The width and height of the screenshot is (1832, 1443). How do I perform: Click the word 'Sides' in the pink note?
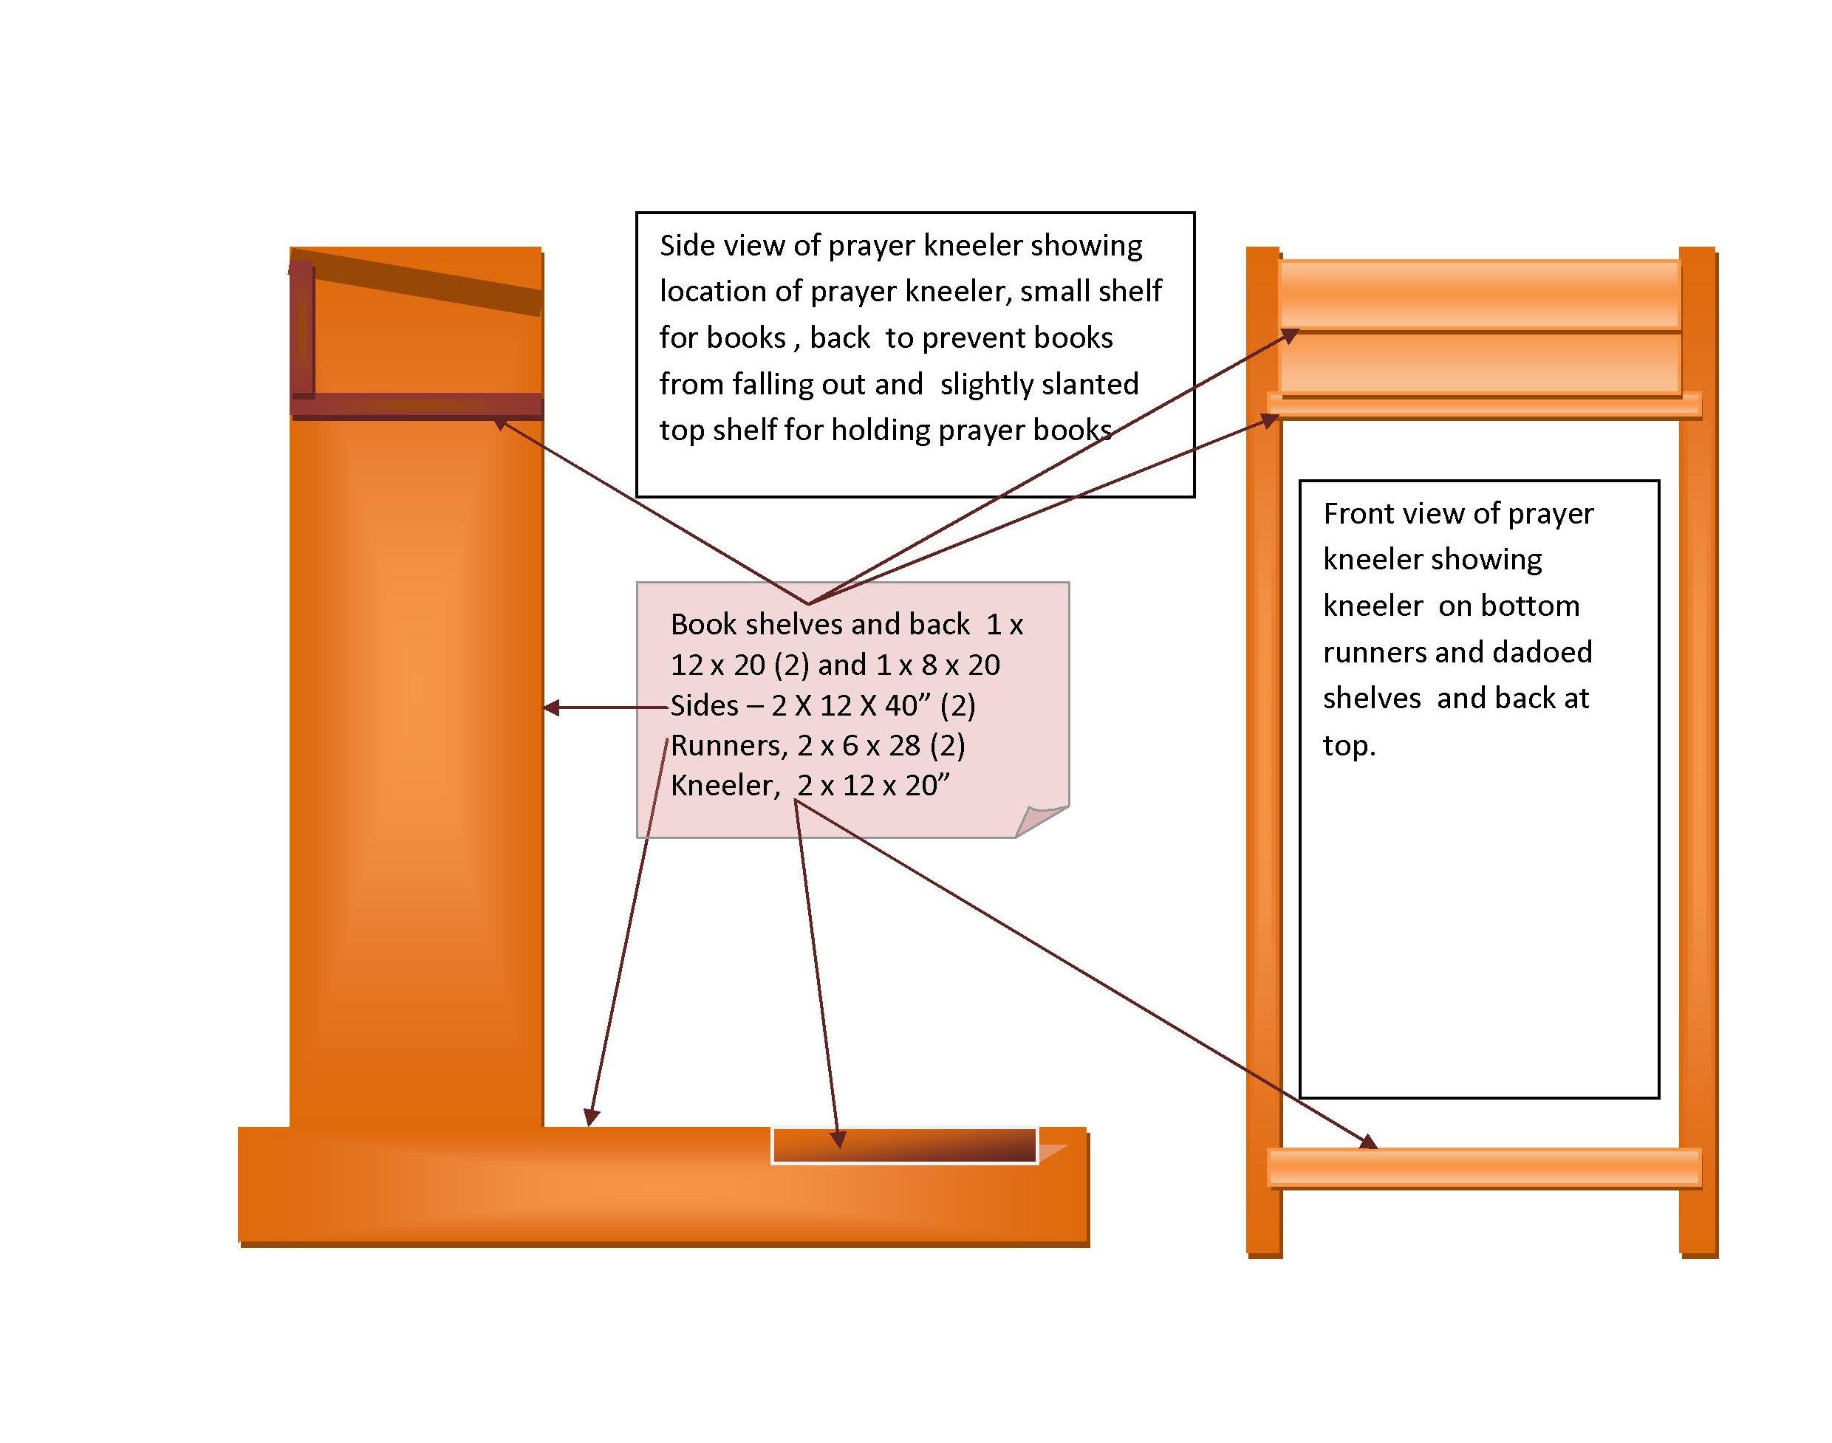(704, 705)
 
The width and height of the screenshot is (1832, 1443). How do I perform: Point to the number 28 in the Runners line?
(904, 746)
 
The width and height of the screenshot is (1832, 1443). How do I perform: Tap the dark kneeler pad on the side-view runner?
(904, 1145)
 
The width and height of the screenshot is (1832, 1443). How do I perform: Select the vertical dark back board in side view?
(303, 329)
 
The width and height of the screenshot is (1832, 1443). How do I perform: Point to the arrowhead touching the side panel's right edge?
(551, 707)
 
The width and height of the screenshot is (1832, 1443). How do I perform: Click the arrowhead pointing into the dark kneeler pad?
(838, 1139)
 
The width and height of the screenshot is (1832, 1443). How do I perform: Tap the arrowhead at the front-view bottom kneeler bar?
(1369, 1143)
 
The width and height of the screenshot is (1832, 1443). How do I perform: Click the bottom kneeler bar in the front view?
(1484, 1168)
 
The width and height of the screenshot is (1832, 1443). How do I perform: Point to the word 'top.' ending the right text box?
(1349, 746)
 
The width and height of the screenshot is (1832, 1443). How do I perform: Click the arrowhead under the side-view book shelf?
(501, 422)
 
